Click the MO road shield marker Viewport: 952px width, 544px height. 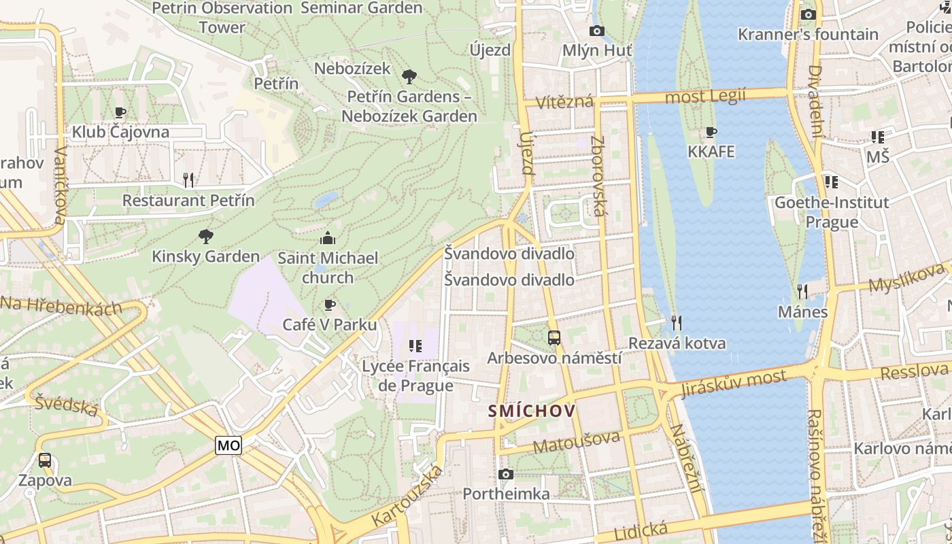click(x=228, y=445)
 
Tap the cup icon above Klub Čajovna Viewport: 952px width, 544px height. click(x=120, y=112)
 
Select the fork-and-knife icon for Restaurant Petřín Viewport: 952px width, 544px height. click(x=188, y=180)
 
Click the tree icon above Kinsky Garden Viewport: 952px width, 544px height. click(x=205, y=236)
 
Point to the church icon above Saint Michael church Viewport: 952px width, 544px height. click(x=328, y=238)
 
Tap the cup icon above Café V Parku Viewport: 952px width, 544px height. click(x=330, y=305)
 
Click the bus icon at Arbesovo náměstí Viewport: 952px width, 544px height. click(x=554, y=337)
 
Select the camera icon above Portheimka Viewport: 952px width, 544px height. click(x=505, y=474)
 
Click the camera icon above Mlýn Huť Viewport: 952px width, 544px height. click(x=596, y=31)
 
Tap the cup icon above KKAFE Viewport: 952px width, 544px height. click(x=711, y=132)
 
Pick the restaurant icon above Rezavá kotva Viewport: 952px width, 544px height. click(x=676, y=322)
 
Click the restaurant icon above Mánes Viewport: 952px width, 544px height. click(x=802, y=292)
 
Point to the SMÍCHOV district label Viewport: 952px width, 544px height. click(x=532, y=411)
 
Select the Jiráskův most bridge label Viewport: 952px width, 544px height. click(x=734, y=383)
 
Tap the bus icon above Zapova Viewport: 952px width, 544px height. click(x=45, y=460)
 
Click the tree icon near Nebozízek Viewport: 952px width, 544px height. click(x=409, y=76)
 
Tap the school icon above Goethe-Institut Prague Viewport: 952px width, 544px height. click(x=831, y=182)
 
